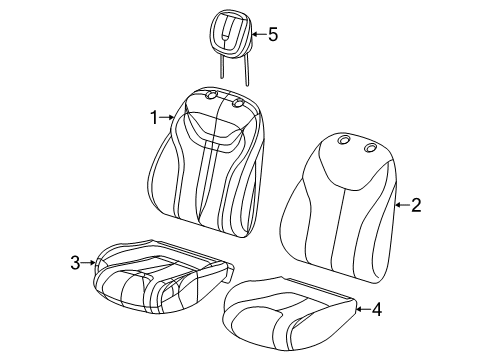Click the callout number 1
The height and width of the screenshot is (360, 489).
point(155,117)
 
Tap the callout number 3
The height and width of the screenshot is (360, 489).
point(75,263)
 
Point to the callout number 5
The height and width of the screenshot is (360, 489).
point(272,35)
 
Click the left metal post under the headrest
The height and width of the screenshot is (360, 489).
point(220,65)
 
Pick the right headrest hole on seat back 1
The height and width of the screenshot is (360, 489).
point(238,103)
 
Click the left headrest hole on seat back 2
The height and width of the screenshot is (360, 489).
point(344,141)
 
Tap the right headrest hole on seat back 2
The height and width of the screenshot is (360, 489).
point(370,148)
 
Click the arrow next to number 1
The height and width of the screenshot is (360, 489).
point(170,118)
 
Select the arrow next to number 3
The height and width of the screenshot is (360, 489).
point(91,263)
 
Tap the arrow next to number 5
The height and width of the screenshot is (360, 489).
point(256,35)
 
